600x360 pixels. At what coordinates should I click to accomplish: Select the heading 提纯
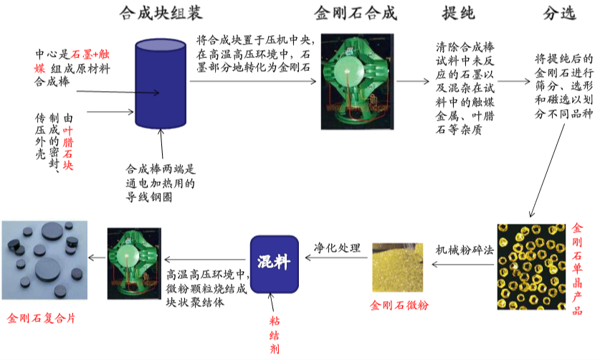(x=459, y=14)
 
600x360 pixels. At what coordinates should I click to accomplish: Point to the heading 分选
(x=559, y=14)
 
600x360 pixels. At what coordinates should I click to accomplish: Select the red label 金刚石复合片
(x=41, y=318)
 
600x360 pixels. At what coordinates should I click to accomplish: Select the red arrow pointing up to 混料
(x=273, y=304)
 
